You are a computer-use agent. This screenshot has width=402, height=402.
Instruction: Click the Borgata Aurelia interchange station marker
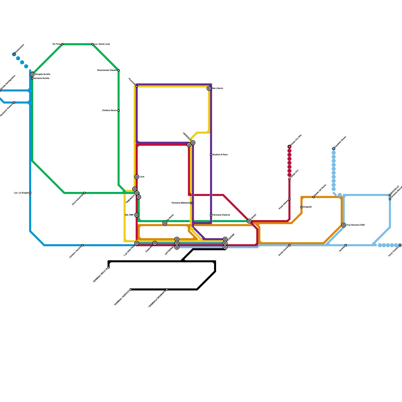coord(32,74)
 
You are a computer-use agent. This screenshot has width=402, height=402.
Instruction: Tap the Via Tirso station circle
coord(62,44)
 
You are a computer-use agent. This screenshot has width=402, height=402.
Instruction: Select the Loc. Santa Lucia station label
coord(102,44)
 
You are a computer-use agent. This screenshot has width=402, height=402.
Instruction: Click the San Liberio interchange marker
coord(209,88)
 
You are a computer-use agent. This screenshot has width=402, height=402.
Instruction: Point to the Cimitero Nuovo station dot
coord(119,111)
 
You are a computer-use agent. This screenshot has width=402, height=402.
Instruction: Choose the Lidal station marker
coord(137,177)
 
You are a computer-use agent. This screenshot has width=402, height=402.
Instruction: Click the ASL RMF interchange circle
coord(137,215)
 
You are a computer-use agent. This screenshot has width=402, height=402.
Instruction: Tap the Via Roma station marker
coord(165,223)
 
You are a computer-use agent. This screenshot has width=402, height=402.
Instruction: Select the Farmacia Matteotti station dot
coord(191,203)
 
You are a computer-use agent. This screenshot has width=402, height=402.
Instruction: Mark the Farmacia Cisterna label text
coord(221,215)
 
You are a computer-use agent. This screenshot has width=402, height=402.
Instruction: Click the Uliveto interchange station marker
coord(249,221)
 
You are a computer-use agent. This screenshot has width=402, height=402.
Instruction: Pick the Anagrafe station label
coord(307,207)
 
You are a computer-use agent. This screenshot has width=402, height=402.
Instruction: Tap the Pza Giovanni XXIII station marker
coord(344,225)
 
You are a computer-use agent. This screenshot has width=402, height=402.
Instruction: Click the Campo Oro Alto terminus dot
coord(289,147)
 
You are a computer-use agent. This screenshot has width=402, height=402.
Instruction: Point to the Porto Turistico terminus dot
coord(400,245)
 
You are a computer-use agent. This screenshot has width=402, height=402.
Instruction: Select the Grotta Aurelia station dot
coord(289,245)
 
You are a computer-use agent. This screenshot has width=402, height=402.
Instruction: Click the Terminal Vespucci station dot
coord(131,289)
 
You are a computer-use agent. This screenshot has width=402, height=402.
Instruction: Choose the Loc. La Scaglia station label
coord(21,193)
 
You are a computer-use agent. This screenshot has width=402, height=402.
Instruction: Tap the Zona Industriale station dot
coord(84,193)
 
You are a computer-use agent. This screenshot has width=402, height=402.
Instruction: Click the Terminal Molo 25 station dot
coord(109,267)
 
